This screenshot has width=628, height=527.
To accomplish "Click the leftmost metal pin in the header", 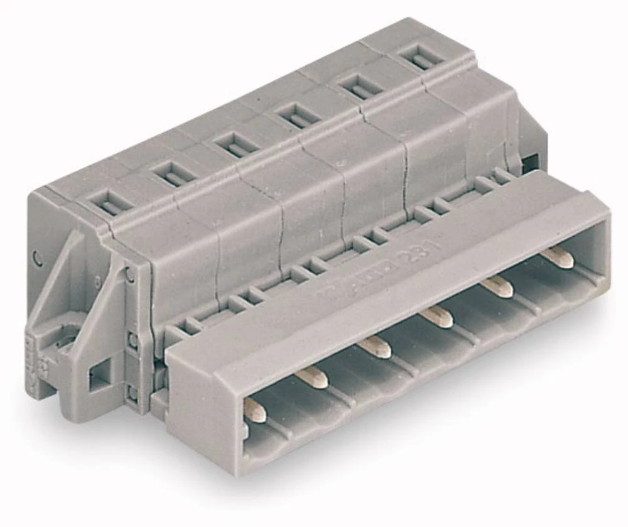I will [x=254, y=406].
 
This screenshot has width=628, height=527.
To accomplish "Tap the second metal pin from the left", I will [x=311, y=376].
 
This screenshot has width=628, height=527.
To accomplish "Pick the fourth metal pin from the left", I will [x=436, y=316].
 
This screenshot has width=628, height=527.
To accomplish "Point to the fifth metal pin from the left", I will [x=497, y=286].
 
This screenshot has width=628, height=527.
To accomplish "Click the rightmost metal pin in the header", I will [x=557, y=256].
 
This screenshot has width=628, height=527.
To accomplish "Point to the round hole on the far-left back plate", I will [x=38, y=257].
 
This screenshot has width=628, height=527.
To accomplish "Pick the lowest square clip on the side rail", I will [x=133, y=394].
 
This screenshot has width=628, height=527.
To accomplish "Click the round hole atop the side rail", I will [x=129, y=274].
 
